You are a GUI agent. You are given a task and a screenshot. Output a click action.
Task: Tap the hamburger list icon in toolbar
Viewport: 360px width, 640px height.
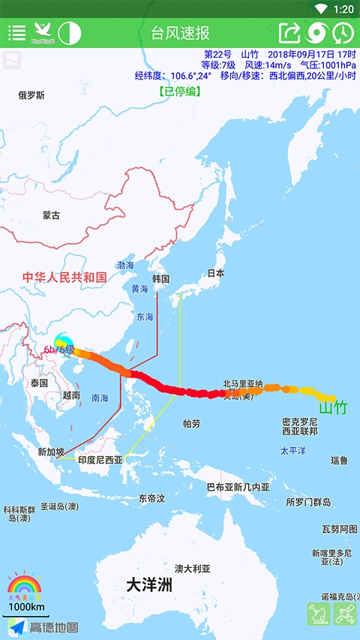point(16,33)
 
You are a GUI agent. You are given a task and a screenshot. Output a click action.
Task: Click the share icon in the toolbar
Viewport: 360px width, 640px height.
point(289,33)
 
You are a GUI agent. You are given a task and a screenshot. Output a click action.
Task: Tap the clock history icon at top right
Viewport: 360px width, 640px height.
point(343,33)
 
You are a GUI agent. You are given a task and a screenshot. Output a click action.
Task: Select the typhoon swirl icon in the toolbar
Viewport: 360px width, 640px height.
point(317,33)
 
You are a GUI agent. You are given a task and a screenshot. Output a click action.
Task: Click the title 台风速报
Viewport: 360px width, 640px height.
point(180,33)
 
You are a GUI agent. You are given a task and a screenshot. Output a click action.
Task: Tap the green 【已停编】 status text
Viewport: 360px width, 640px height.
point(179,92)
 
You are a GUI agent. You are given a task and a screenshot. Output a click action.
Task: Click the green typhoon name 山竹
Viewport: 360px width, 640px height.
point(333,408)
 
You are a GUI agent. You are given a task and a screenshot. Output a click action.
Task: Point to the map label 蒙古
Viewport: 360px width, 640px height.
point(51,215)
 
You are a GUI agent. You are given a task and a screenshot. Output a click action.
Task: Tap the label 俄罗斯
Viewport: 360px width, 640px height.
point(31,95)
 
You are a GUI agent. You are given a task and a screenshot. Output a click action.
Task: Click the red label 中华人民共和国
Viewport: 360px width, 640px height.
point(64,278)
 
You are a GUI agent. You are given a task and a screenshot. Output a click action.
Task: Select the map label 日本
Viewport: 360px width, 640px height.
point(216,274)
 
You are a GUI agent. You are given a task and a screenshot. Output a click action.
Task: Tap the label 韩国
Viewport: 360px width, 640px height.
point(161,279)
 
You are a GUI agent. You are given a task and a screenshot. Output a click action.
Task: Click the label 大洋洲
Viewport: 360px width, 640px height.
point(148,584)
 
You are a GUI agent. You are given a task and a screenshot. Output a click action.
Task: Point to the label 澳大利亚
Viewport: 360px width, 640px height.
point(193,568)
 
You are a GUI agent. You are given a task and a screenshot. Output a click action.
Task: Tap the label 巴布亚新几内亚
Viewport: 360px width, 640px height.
point(238,487)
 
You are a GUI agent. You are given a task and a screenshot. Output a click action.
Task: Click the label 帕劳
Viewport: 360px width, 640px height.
point(191,424)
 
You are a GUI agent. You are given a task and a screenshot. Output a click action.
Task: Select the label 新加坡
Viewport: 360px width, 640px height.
point(51,452)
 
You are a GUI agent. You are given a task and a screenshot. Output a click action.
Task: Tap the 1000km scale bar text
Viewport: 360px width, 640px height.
point(26,606)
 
